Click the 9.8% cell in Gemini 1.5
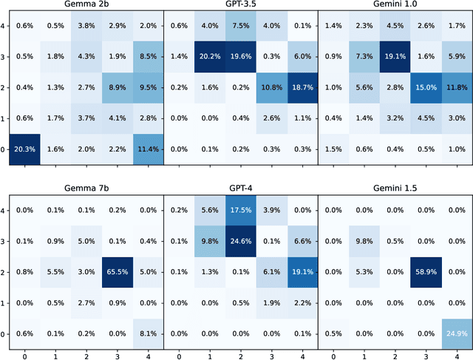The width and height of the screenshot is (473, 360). point(364,241)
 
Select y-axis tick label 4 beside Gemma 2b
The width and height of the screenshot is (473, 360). point(3,26)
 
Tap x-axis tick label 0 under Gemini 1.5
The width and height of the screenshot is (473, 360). point(333,354)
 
